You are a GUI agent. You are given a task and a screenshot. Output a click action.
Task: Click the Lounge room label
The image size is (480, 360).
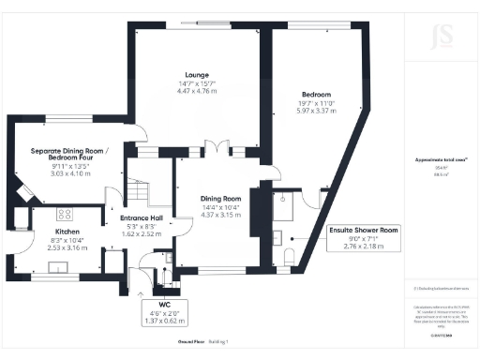(x=196, y=74)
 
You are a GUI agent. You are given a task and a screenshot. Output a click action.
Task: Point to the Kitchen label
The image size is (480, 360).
(x=52, y=230)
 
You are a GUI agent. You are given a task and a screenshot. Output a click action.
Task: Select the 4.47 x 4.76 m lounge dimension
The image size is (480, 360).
(x=196, y=92)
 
